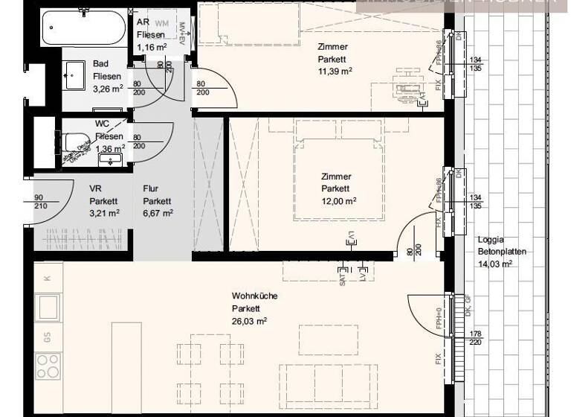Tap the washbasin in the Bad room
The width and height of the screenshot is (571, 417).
[x=75, y=74]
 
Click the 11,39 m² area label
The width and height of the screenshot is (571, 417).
[x=335, y=71]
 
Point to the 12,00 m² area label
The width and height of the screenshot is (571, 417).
[x=338, y=201]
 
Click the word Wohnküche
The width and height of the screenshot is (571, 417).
[x=254, y=296]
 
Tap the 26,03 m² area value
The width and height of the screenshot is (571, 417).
[x=249, y=321]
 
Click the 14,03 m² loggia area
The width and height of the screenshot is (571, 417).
[x=496, y=264]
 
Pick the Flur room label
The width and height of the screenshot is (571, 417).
[x=151, y=188]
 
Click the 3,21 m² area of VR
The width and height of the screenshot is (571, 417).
[x=104, y=213]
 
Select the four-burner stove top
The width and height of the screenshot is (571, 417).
[x=48, y=366]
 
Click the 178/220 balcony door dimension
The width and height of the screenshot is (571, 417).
[x=477, y=338]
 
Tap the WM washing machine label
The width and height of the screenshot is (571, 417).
[x=162, y=23]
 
